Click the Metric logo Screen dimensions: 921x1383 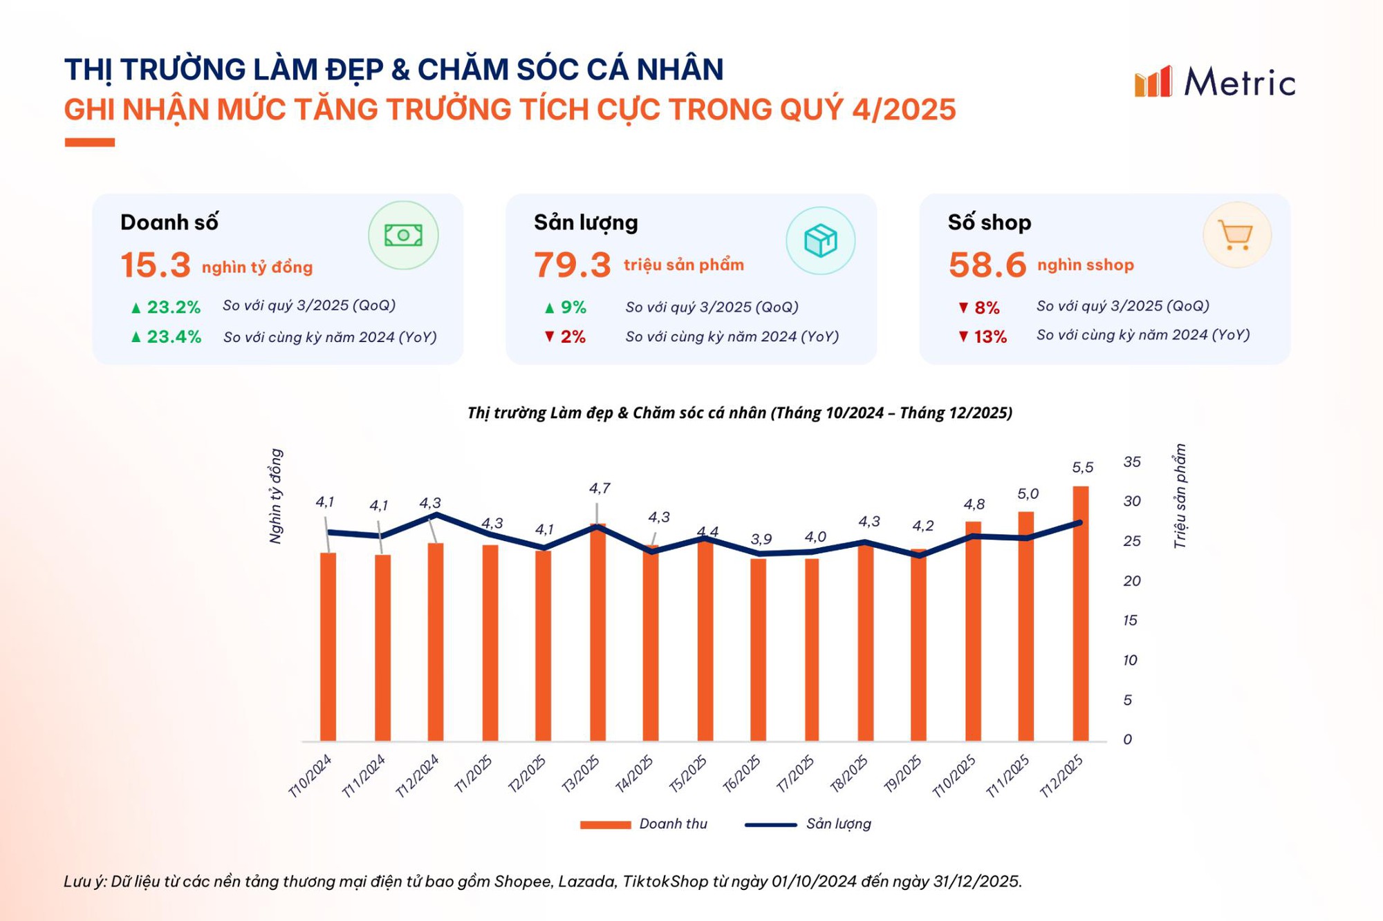tap(1215, 82)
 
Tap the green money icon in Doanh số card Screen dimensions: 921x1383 tap(403, 236)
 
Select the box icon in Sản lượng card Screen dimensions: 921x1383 tap(820, 240)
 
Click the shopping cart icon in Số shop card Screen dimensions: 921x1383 tap(1236, 236)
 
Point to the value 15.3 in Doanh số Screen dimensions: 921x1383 tap(156, 265)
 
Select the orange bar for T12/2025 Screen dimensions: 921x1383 tap(1080, 615)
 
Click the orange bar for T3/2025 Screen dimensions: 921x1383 tap(597, 632)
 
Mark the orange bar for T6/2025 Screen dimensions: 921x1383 tap(759, 649)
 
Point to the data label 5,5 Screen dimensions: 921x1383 tap(1082, 468)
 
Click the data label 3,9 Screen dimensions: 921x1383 tap(761, 539)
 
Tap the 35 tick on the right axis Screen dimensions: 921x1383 tap(1131, 462)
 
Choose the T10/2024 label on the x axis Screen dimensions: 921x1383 tap(310, 776)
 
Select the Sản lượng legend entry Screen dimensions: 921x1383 tap(809, 824)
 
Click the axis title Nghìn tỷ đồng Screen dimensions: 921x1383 tap(275, 496)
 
